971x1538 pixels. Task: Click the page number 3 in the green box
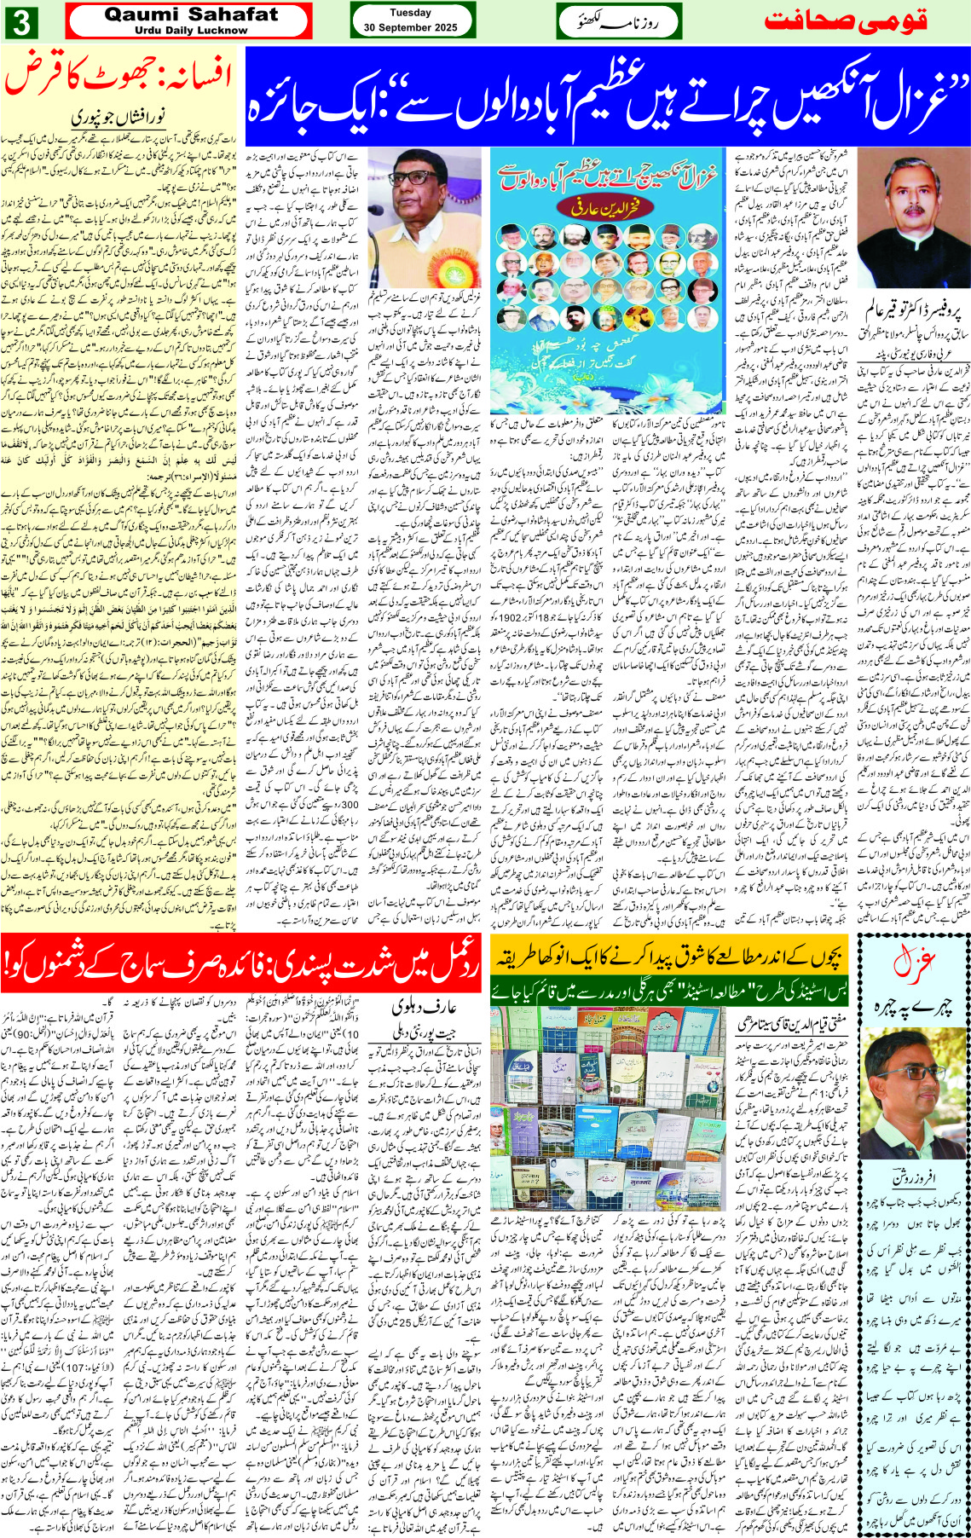[x=20, y=21]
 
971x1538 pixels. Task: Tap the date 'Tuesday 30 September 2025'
[x=411, y=20]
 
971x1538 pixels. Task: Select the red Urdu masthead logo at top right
[x=846, y=21]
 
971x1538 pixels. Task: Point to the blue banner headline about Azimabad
[x=607, y=96]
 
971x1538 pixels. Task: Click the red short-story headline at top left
[x=119, y=78]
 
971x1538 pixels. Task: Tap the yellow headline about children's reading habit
[x=669, y=957]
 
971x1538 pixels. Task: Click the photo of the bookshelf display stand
[x=607, y=1108]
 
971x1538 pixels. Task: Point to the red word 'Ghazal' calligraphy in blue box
[x=913, y=963]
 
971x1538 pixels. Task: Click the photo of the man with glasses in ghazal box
[x=913, y=1101]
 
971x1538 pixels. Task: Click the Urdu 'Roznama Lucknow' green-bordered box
[x=617, y=21]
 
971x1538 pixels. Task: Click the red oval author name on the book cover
[x=606, y=205]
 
